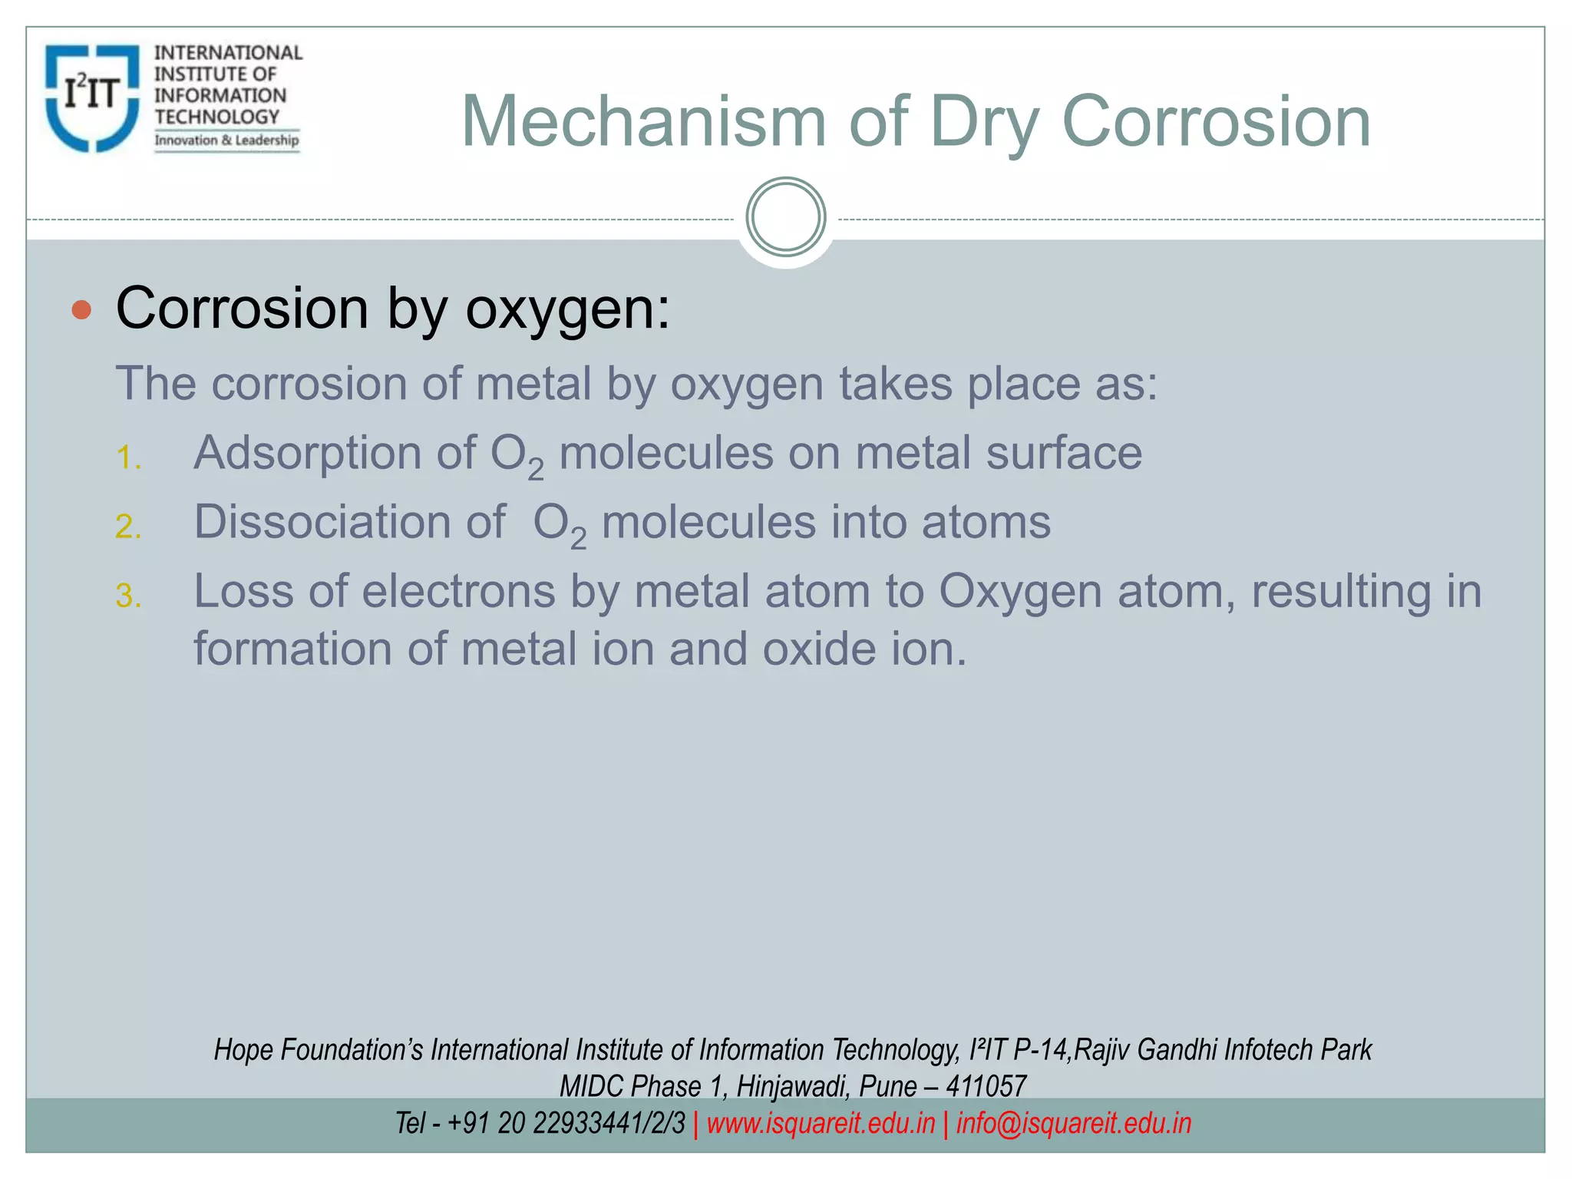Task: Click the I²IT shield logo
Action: (x=92, y=97)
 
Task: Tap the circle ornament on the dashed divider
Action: (x=785, y=217)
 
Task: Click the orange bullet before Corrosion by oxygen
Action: (x=81, y=310)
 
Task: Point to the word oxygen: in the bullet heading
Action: (x=567, y=309)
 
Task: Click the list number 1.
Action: (x=127, y=458)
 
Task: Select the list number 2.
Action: (x=127, y=527)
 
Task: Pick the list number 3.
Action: (x=127, y=596)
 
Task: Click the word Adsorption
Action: (x=306, y=453)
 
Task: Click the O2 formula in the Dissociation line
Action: (x=559, y=524)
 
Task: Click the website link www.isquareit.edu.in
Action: (x=821, y=1123)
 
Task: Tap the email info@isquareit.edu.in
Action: (x=1073, y=1123)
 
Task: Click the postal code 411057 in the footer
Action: (x=986, y=1086)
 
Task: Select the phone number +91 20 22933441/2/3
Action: (x=566, y=1123)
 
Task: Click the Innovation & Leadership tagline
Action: (x=226, y=140)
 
